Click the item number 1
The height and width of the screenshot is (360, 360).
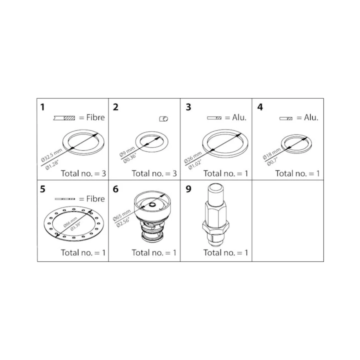[42, 107]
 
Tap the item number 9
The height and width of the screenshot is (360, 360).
[188, 189]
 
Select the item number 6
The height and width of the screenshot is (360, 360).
[116, 189]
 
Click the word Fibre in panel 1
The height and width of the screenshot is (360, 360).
[96, 118]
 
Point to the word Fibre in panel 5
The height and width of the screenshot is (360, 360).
[96, 199]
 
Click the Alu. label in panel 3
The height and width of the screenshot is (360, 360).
[239, 118]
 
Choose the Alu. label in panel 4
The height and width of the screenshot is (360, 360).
[311, 118]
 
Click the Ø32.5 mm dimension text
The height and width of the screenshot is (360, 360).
[52, 155]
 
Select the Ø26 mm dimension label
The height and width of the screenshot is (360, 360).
[193, 158]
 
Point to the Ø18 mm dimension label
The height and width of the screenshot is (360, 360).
[272, 154]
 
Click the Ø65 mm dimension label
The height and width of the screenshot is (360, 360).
[122, 215]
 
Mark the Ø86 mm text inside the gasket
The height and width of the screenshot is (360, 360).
[70, 222]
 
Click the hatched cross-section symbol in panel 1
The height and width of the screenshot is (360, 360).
[64, 118]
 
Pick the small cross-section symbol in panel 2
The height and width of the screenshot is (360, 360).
[164, 119]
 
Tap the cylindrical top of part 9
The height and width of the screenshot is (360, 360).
[215, 192]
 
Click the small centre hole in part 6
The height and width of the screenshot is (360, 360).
[152, 205]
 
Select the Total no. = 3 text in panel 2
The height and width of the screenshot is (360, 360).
[154, 174]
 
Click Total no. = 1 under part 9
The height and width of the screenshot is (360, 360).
[226, 253]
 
